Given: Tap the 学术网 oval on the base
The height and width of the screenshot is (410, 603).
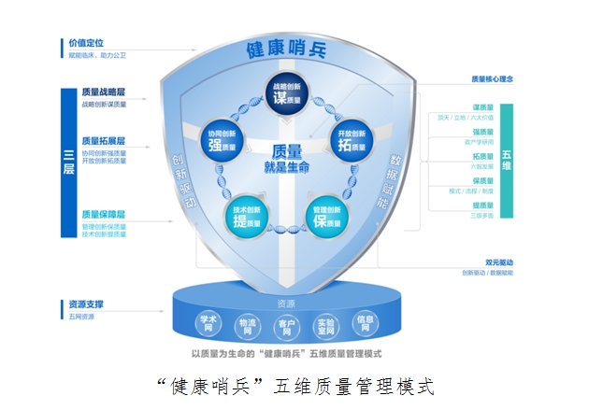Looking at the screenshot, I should point(208,322).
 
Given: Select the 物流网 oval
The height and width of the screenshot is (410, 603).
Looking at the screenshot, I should point(247,326).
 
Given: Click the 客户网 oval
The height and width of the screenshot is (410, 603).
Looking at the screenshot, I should point(286,328).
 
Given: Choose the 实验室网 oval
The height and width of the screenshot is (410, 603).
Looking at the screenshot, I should point(325,326).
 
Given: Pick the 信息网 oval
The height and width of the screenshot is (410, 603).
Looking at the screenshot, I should point(366,322).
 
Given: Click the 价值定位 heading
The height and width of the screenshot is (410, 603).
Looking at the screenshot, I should point(86,42).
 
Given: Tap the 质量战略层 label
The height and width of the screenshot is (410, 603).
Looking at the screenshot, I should point(103,93).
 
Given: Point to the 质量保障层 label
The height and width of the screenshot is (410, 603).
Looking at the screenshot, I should point(103,214).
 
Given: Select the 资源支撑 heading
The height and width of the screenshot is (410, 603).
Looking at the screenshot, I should point(86,304).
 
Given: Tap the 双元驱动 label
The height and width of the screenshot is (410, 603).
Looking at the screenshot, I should point(498,262).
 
